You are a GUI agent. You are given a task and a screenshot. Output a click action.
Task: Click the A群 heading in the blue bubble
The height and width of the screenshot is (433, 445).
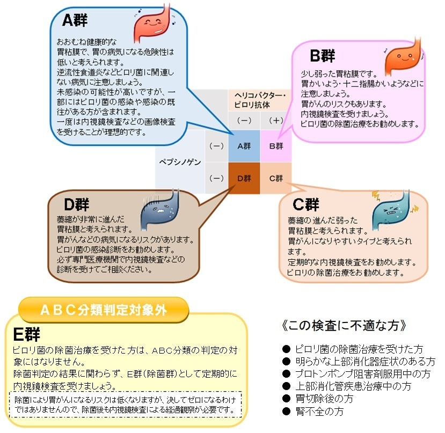[75, 20]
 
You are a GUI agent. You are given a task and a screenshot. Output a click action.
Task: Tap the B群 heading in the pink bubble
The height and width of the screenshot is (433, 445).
[323, 55]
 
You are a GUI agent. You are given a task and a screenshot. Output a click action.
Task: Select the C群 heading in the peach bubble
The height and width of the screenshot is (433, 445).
[306, 204]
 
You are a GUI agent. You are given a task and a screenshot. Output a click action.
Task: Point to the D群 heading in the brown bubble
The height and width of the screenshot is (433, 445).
[76, 204]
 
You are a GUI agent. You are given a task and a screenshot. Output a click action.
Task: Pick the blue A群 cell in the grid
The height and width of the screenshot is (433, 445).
[244, 146]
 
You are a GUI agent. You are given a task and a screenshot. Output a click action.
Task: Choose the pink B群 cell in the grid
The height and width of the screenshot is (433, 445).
[276, 146]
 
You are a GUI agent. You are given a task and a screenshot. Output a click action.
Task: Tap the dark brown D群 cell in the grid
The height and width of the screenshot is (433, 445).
[244, 178]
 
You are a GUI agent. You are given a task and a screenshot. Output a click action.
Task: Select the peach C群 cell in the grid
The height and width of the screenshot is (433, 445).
[276, 178]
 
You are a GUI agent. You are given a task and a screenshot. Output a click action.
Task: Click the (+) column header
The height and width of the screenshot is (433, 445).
[276, 121]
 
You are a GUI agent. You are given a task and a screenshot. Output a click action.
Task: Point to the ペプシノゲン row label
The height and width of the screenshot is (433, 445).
[179, 162]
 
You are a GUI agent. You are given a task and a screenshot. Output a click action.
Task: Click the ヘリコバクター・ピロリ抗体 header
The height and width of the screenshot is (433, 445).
[260, 99]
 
